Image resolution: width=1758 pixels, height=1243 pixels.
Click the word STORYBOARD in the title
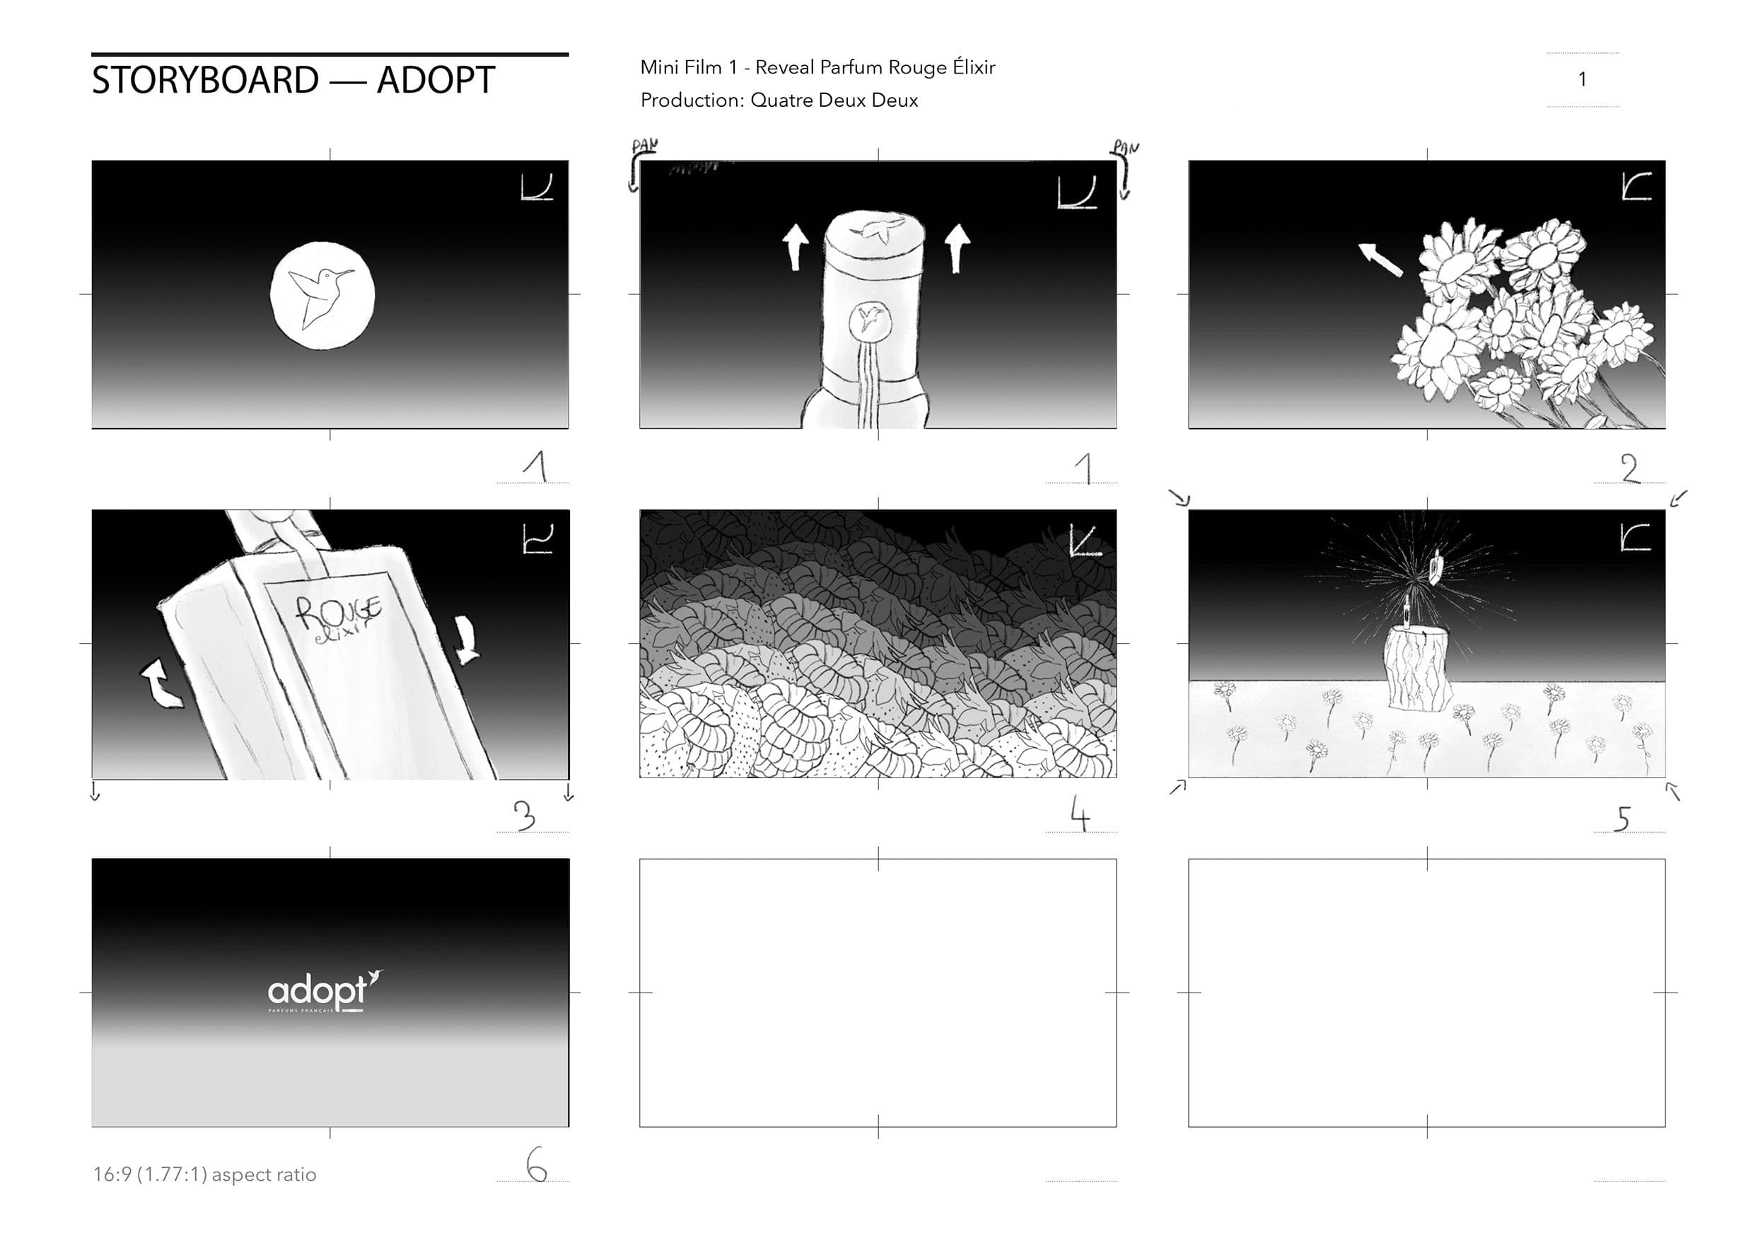[205, 81]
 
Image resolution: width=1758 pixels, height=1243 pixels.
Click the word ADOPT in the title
[436, 81]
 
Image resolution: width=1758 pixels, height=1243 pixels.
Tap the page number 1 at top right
[1582, 80]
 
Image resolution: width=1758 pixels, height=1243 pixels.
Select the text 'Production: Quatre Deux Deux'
[779, 100]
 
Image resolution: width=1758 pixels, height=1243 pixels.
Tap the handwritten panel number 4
[1080, 814]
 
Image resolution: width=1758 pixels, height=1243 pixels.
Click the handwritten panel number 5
[1622, 818]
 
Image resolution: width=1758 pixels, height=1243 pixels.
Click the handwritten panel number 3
[525, 816]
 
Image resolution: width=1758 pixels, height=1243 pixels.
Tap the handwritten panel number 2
[1630, 468]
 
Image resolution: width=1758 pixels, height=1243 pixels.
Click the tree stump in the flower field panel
[1418, 668]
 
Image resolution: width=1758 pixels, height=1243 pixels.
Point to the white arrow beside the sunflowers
[1380, 259]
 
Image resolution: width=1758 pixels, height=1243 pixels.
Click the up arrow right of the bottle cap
[957, 247]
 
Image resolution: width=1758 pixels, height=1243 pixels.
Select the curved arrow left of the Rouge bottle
[161, 684]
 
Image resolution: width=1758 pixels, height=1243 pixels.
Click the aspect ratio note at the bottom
[204, 1174]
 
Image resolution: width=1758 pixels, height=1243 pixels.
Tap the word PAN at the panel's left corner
[644, 146]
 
